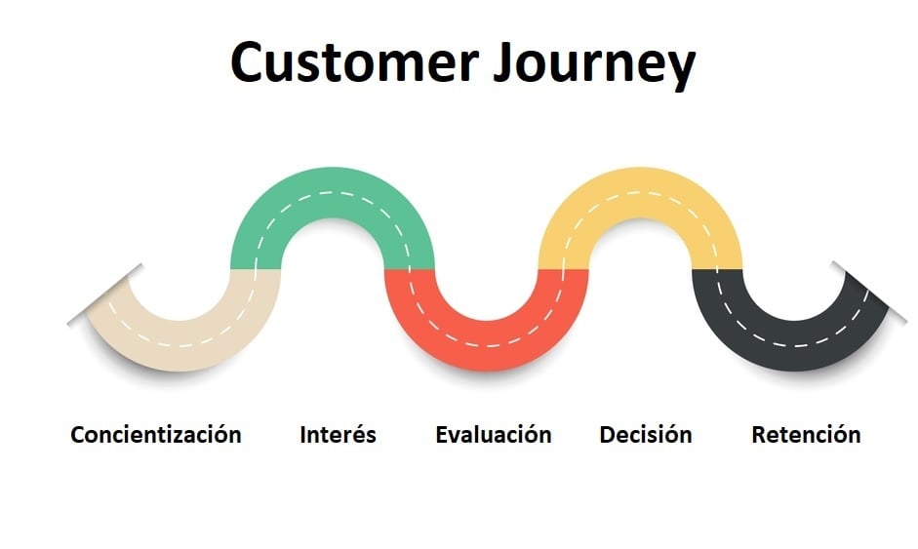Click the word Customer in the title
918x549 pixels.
[355, 61]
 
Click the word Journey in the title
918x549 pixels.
[594, 65]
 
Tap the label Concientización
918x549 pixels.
[156, 435]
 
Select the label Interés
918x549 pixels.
[338, 434]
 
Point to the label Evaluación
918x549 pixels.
[494, 434]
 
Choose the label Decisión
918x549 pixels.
[646, 434]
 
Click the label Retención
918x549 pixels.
[806, 434]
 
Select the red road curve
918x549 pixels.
[486, 345]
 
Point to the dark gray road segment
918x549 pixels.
[793, 345]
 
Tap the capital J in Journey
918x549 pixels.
[504, 62]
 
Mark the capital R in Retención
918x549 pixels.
[759, 435]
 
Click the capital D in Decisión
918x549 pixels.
[609, 435]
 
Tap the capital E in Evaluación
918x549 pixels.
[443, 435]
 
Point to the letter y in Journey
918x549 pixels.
[681, 71]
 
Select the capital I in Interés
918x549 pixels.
[302, 435]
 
